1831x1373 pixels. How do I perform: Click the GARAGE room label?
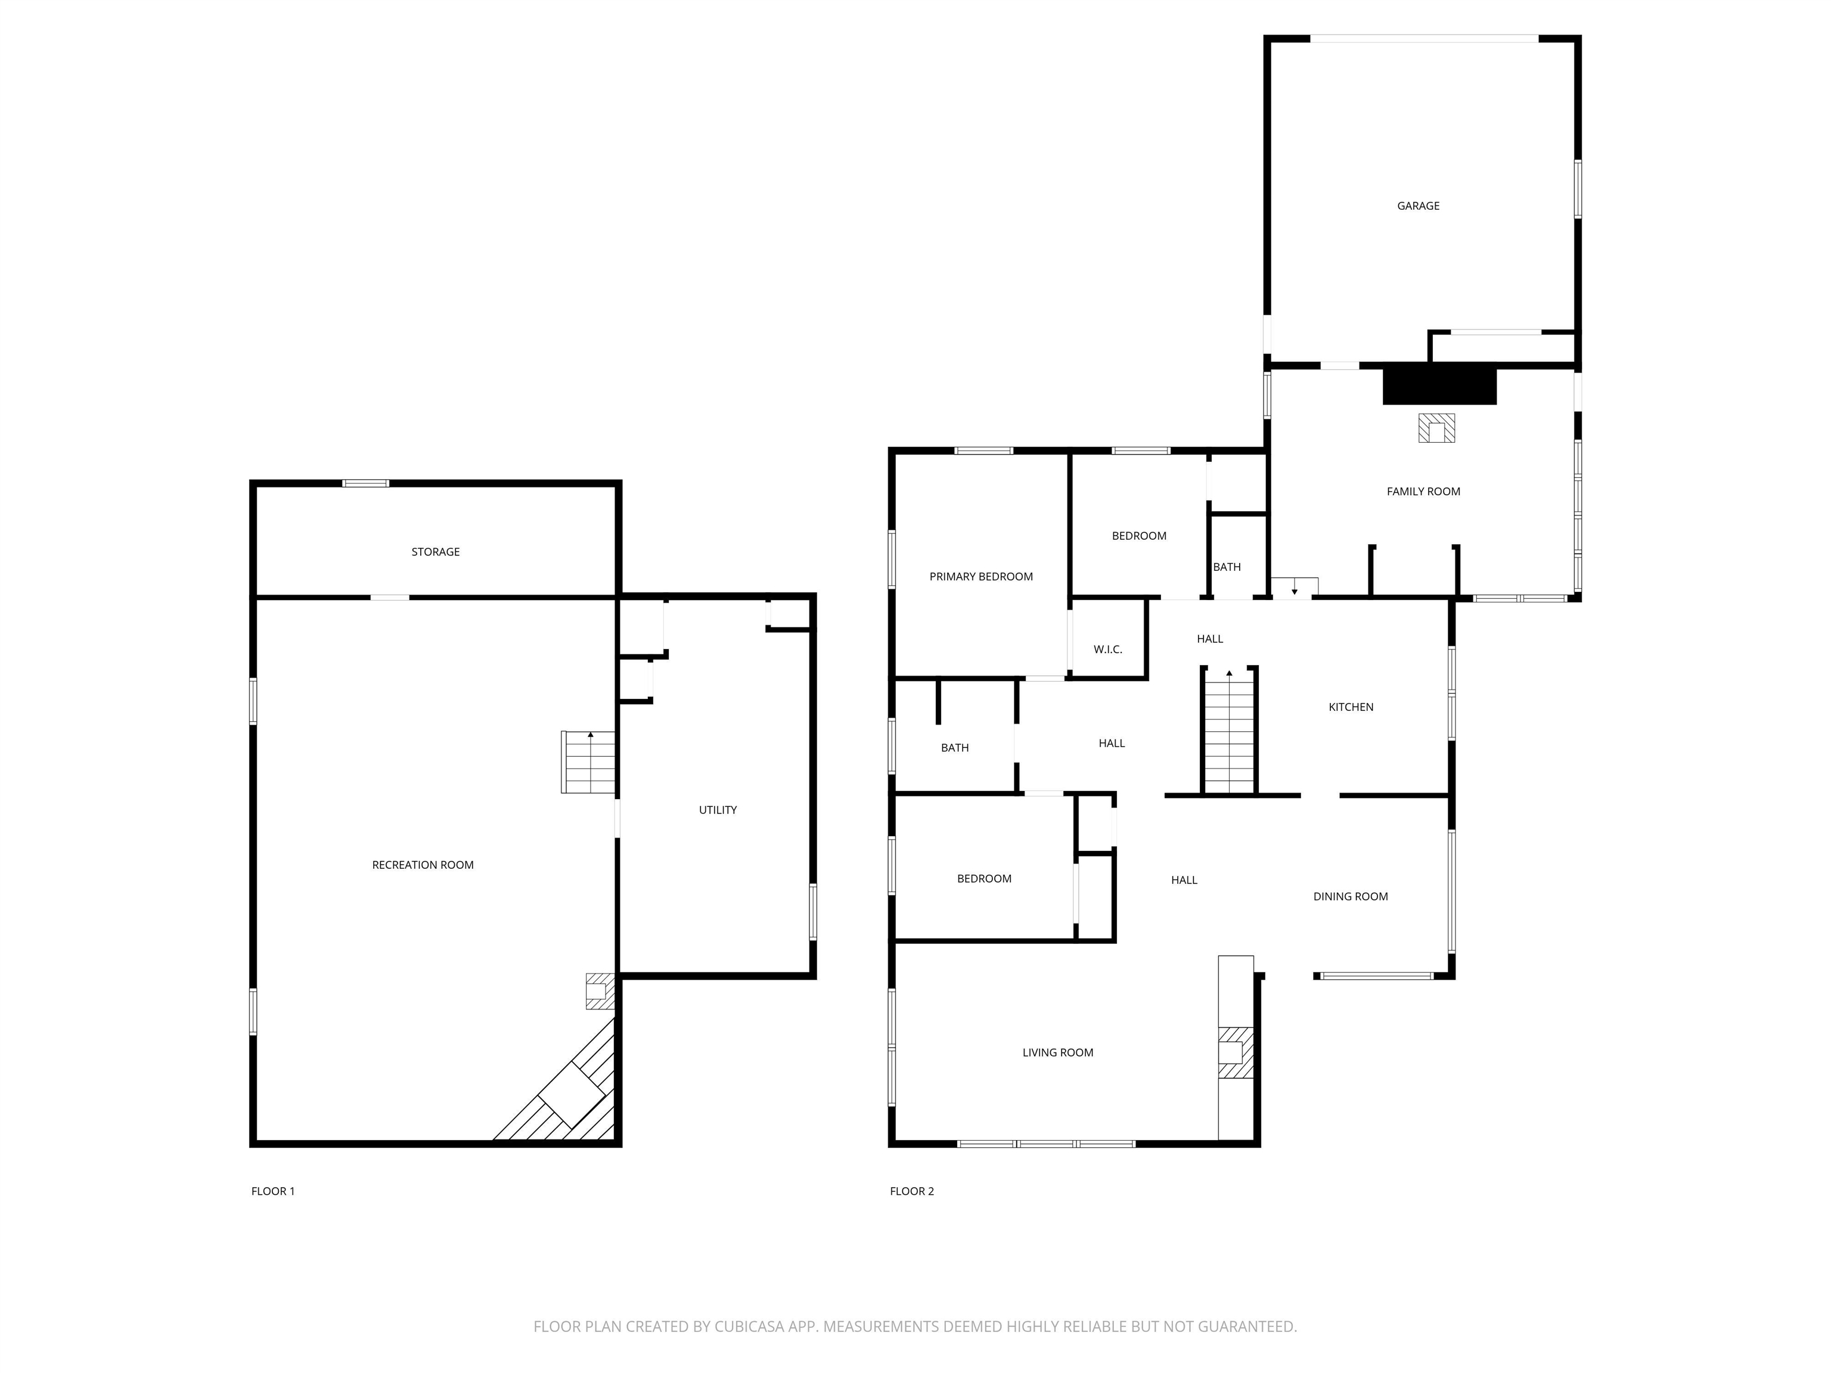pyautogui.click(x=1418, y=206)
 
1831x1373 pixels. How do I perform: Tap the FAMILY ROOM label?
pyautogui.click(x=1423, y=492)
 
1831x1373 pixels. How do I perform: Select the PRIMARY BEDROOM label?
pyautogui.click(x=981, y=577)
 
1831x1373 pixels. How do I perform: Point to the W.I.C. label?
pyautogui.click(x=1107, y=650)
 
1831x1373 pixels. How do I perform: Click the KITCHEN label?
pyautogui.click(x=1351, y=707)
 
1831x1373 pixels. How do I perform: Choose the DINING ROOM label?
pyautogui.click(x=1350, y=896)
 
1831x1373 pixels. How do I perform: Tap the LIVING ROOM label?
pyautogui.click(x=1058, y=1053)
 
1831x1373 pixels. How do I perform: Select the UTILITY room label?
pyautogui.click(x=718, y=810)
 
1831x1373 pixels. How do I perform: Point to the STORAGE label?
pyautogui.click(x=436, y=552)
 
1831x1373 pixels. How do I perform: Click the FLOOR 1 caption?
pyautogui.click(x=272, y=1192)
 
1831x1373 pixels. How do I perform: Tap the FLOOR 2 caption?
pyautogui.click(x=911, y=1192)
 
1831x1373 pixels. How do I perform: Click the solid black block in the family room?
pyautogui.click(x=1439, y=386)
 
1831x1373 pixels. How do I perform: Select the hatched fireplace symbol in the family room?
pyautogui.click(x=1436, y=428)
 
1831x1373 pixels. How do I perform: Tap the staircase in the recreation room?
pyautogui.click(x=588, y=762)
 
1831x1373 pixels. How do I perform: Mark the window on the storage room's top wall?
pyautogui.click(x=366, y=483)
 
